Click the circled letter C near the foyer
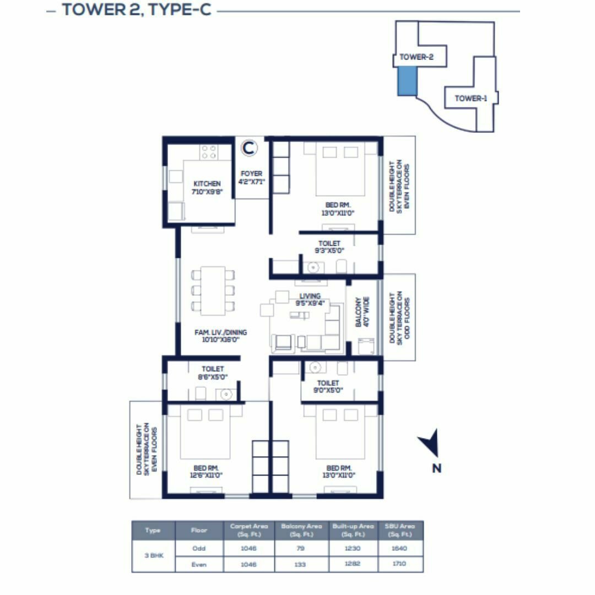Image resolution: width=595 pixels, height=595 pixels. [249, 148]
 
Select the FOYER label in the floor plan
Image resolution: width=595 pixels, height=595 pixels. [251, 177]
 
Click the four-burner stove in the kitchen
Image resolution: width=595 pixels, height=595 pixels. [209, 152]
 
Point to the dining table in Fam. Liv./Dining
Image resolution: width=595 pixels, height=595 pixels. [212, 290]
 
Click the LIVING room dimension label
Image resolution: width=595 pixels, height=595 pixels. [310, 299]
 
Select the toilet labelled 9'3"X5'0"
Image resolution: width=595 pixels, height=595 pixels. [329, 247]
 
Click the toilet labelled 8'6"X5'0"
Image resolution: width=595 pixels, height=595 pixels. [213, 373]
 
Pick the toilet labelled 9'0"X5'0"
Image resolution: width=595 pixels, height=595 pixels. [328, 386]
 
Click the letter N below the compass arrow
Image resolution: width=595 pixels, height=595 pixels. [436, 469]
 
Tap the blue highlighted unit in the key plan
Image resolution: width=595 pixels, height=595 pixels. [407, 82]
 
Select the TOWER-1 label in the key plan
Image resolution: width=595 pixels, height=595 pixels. [470, 99]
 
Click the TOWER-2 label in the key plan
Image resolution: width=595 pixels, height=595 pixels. [416, 57]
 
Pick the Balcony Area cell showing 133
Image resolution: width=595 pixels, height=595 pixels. [301, 565]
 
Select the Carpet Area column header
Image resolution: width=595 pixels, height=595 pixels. [249, 530]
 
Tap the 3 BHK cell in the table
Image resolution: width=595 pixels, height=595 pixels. [153, 556]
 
